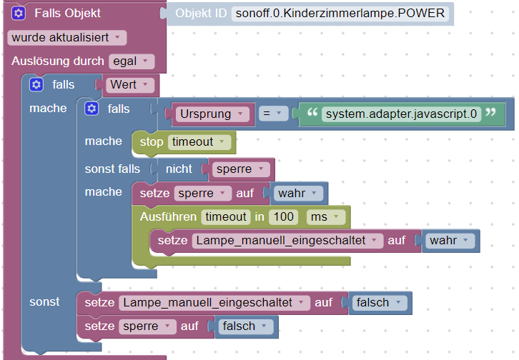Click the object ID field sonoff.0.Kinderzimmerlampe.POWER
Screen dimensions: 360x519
click(340, 14)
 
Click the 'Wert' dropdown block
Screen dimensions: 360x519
click(130, 85)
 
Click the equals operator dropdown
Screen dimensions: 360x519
click(272, 114)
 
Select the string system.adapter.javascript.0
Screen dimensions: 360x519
click(401, 114)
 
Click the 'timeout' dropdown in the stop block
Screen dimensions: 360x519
click(200, 142)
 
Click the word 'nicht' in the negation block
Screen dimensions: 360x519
click(179, 169)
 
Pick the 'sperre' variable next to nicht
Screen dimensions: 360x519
click(242, 169)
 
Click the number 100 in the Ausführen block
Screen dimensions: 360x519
click(285, 216)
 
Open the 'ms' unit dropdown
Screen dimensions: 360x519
click(325, 216)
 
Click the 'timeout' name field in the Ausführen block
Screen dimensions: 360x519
click(224, 216)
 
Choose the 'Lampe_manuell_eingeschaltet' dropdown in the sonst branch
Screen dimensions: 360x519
click(214, 302)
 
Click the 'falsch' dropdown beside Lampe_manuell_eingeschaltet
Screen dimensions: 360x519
click(381, 302)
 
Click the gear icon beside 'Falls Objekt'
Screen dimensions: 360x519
click(19, 13)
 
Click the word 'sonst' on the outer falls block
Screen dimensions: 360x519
click(44, 302)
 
